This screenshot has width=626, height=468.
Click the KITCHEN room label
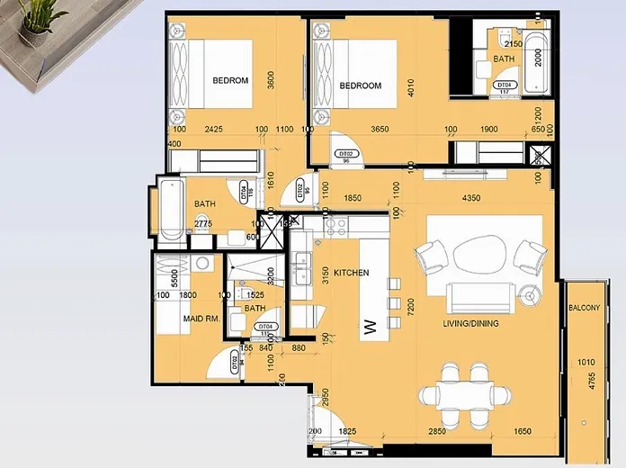(352, 272)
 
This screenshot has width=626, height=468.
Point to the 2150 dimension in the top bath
(513, 43)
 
